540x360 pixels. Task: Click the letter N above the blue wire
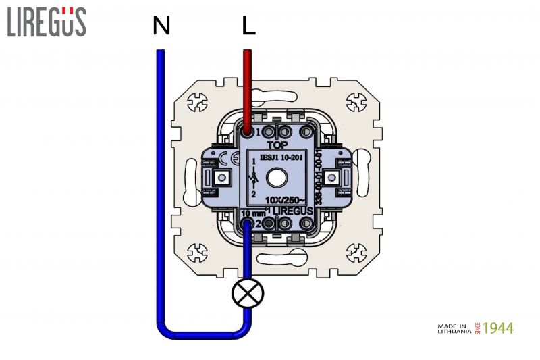tap(161, 26)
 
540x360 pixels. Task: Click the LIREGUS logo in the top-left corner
tap(47, 22)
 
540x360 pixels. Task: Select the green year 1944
tap(499, 328)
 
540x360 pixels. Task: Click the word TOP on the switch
tap(277, 145)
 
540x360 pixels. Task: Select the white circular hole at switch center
tap(277, 178)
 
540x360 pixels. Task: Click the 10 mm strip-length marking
tap(253, 212)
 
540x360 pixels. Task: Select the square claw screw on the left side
tap(220, 178)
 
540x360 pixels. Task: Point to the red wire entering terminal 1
tap(248, 88)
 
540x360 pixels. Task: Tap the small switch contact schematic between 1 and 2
tap(254, 178)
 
